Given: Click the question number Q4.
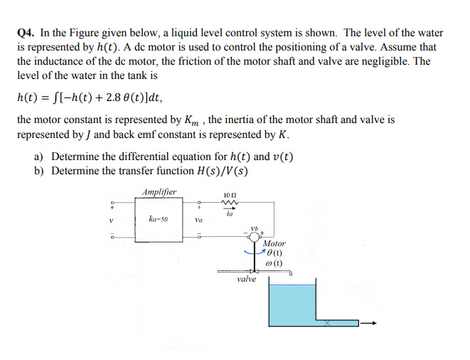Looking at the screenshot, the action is click(x=26, y=33).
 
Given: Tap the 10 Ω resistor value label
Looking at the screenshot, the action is click(x=229, y=195).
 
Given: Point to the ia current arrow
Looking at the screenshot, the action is click(x=229, y=211).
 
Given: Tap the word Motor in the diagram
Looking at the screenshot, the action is click(x=273, y=244).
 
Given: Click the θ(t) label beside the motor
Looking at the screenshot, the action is click(x=273, y=253).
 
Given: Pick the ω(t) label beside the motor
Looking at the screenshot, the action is click(x=273, y=263).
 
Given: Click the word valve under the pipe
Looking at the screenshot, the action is click(x=247, y=280).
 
